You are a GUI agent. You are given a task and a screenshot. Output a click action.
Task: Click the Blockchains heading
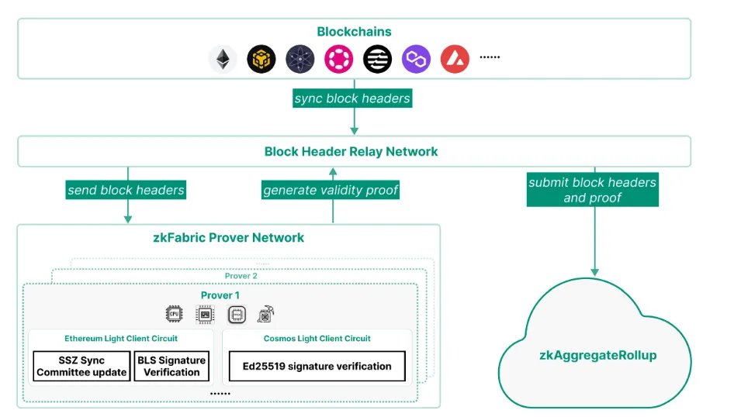coord(354,32)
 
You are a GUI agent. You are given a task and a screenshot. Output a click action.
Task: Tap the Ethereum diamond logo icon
coord(223,59)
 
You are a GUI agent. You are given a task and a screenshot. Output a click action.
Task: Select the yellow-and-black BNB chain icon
coord(261,59)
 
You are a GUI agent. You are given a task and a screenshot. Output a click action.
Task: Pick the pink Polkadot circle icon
coord(338,59)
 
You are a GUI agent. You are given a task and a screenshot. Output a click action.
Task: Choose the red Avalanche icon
coord(455,59)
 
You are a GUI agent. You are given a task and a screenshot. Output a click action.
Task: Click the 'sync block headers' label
coord(352,98)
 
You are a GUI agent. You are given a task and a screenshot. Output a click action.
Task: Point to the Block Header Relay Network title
coord(351,151)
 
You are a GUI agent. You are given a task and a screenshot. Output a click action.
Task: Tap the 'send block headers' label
coord(126,189)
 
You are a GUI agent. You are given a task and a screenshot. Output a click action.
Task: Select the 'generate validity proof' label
coord(331,190)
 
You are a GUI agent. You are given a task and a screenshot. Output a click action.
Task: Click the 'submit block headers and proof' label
coord(592,190)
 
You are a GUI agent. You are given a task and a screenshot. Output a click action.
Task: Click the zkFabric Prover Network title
coord(229,237)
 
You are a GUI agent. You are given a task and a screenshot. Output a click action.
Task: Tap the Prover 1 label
coord(220,295)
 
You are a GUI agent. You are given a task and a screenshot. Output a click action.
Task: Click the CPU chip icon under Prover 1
coord(174,314)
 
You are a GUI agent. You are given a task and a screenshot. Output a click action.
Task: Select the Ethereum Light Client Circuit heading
coord(121,339)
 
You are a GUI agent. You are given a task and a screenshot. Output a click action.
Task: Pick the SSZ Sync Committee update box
coord(81,367)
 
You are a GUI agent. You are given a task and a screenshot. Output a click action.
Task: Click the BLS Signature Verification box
coord(171,367)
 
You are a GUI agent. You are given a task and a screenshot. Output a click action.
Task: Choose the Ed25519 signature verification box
coord(317,367)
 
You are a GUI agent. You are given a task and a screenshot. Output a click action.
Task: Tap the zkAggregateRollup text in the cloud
coord(597,355)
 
